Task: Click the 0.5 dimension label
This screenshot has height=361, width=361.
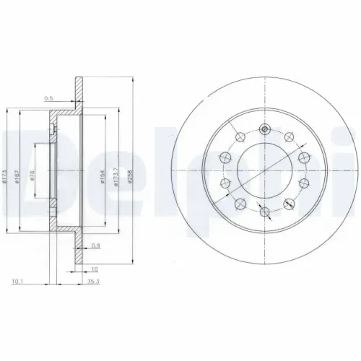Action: pyautogui.click(x=49, y=97)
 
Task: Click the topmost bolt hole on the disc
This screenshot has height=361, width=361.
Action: pyautogui.click(x=265, y=130)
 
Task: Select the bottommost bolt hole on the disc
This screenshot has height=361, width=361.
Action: pyautogui.click(x=265, y=212)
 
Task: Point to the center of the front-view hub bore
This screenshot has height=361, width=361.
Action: pyautogui.click(x=265, y=171)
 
